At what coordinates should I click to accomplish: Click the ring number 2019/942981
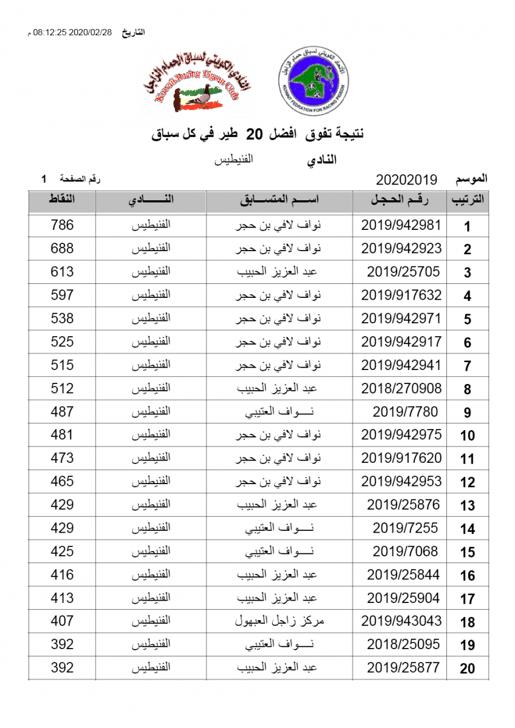(x=401, y=225)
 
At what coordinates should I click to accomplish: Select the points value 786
(x=62, y=225)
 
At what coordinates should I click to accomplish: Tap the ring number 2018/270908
(x=401, y=388)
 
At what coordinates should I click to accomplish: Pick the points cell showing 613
(x=62, y=272)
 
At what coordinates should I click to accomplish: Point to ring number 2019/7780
(x=405, y=412)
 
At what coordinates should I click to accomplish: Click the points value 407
(x=62, y=621)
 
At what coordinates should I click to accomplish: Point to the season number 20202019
(x=407, y=180)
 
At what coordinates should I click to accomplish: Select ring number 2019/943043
(x=401, y=621)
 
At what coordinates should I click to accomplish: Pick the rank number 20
(x=467, y=669)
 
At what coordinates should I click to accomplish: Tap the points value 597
(x=62, y=295)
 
